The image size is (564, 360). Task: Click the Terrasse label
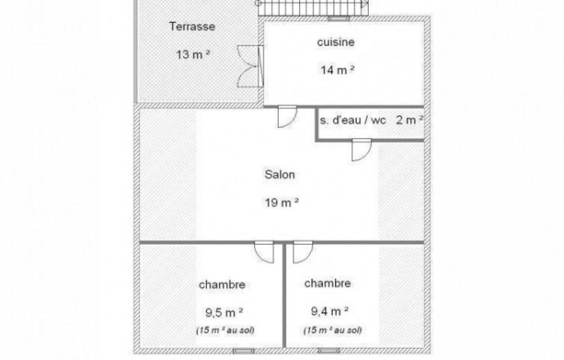pyautogui.click(x=192, y=26)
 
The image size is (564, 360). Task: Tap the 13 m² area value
pyautogui.click(x=193, y=54)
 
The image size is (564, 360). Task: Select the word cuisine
pyautogui.click(x=336, y=42)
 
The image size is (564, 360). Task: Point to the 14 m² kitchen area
pyautogui.click(x=337, y=69)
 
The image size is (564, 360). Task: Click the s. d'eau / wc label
pyautogui.click(x=353, y=120)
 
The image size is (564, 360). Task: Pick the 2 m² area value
pyautogui.click(x=410, y=119)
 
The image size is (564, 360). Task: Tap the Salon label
pyautogui.click(x=280, y=174)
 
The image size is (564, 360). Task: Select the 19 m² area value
pyautogui.click(x=282, y=202)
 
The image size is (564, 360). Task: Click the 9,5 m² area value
pyautogui.click(x=224, y=312)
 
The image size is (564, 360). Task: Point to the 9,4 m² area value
pyautogui.click(x=329, y=311)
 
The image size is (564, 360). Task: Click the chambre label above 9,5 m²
pyautogui.click(x=222, y=285)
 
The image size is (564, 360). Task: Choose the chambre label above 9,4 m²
pyautogui.click(x=327, y=283)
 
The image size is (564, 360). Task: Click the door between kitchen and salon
pyautogui.click(x=287, y=116)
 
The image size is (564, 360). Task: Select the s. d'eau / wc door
pyautogui.click(x=362, y=150)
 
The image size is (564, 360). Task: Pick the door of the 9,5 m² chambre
pyautogui.click(x=264, y=252)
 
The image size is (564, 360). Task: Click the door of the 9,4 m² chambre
pyautogui.click(x=303, y=252)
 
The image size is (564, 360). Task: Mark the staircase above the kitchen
pyautogui.click(x=313, y=7)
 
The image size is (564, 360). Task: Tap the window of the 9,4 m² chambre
pyautogui.click(x=329, y=350)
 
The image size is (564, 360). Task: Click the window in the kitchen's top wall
pyautogui.click(x=339, y=18)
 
